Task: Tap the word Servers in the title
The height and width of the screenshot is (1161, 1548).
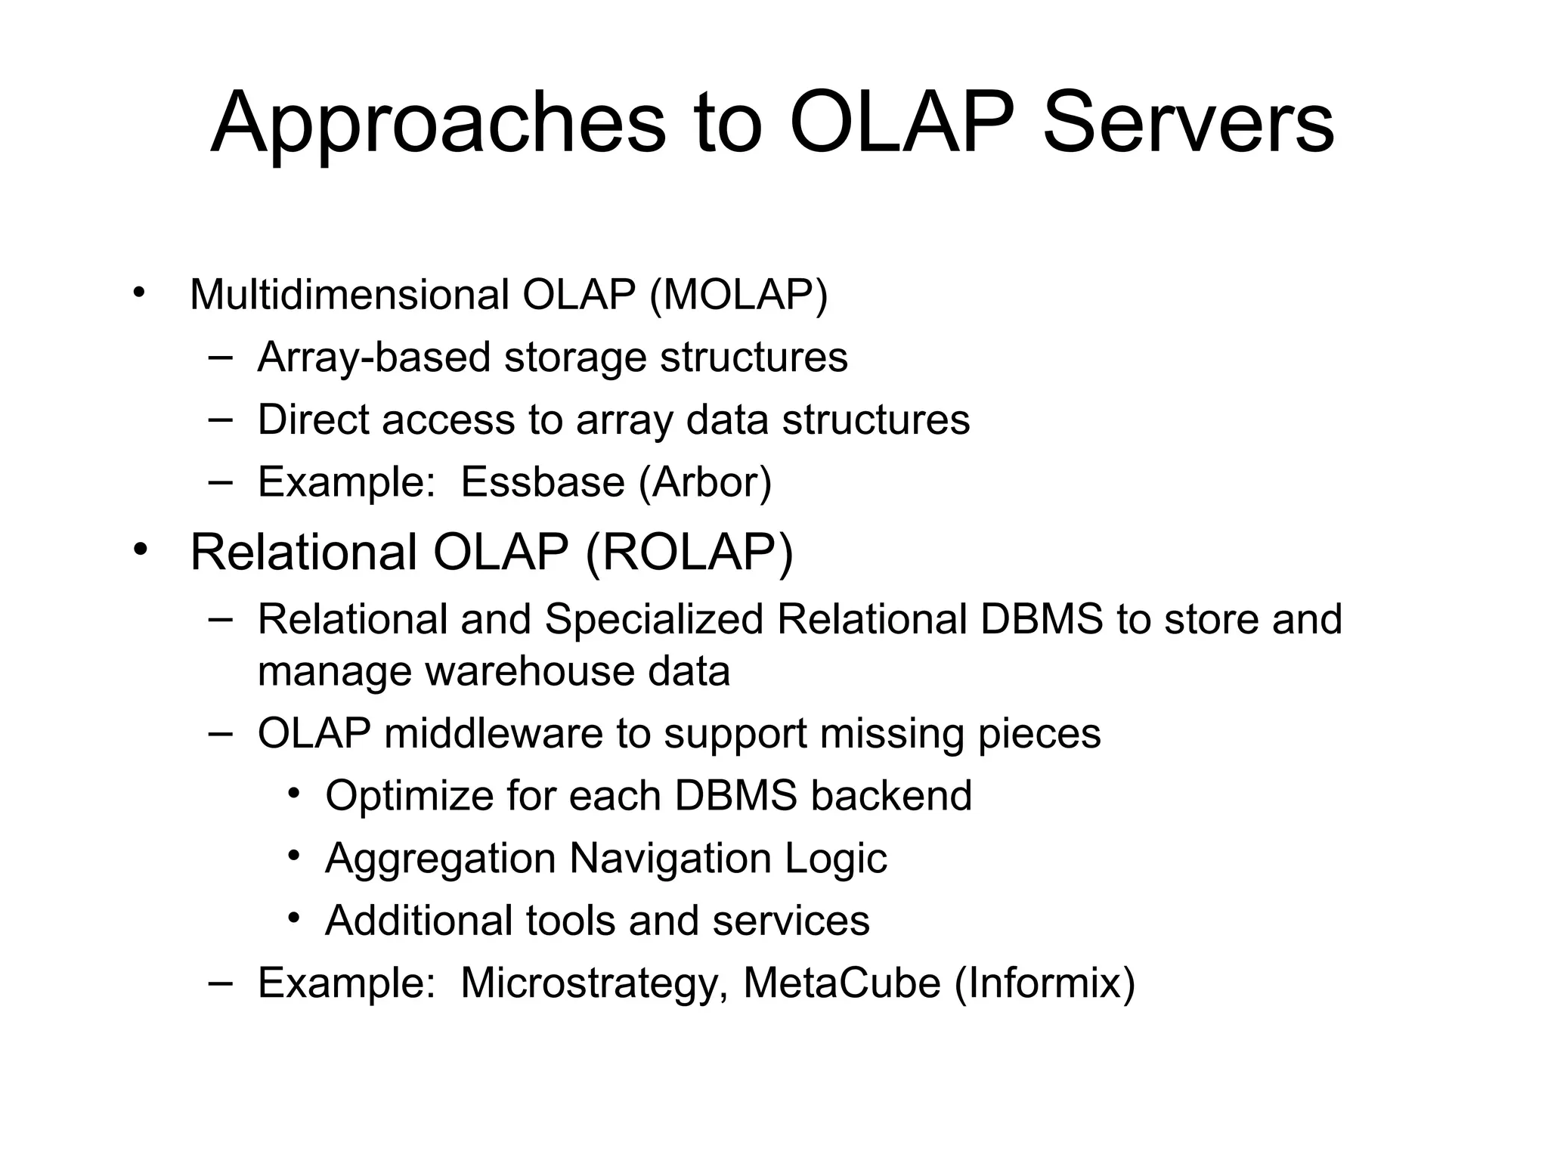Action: [x=1188, y=123]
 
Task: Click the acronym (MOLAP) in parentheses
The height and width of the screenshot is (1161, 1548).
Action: [x=738, y=295]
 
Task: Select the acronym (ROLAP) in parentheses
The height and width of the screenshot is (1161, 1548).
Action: [x=689, y=553]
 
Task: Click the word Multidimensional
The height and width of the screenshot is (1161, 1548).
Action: [x=349, y=295]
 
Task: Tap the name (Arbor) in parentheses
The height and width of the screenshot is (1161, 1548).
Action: [x=705, y=482]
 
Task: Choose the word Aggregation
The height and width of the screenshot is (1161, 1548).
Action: [x=440, y=859]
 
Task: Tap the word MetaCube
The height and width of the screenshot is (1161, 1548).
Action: [x=842, y=983]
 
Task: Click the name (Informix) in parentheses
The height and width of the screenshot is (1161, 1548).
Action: [x=1045, y=983]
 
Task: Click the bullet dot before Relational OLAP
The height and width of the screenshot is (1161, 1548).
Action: [x=139, y=550]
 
